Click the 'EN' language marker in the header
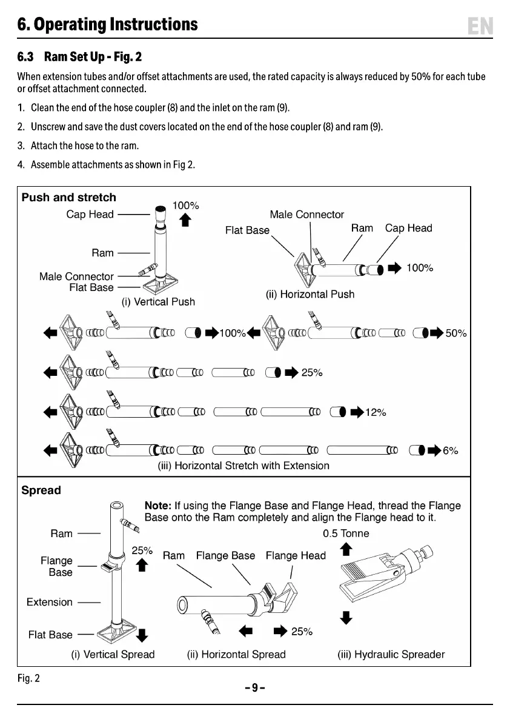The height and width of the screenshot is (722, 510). click(x=480, y=26)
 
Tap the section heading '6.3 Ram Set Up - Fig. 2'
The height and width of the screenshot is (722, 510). click(x=79, y=58)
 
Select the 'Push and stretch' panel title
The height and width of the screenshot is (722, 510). click(x=68, y=198)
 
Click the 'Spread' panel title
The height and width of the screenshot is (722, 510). click(x=41, y=490)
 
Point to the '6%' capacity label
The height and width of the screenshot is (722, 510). click(x=450, y=451)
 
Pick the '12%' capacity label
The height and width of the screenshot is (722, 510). click(x=376, y=413)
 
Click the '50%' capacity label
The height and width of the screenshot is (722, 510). click(x=456, y=333)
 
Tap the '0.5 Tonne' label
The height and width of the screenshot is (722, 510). click(x=346, y=533)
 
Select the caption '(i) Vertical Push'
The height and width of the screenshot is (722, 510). click(x=159, y=301)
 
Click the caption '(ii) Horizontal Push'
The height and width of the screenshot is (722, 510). click(x=310, y=294)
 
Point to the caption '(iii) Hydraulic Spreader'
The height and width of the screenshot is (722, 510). click(x=391, y=655)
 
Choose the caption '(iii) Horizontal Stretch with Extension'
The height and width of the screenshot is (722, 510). click(x=243, y=466)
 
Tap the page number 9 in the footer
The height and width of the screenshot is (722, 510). click(x=255, y=687)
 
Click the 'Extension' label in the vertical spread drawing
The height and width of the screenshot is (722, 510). click(x=49, y=602)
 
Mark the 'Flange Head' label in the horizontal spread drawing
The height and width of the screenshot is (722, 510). click(x=296, y=555)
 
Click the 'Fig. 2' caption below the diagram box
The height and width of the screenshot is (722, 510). click(x=28, y=678)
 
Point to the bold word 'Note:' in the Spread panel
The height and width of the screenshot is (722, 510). click(x=157, y=506)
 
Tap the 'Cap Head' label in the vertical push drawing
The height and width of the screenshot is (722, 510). click(x=90, y=215)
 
